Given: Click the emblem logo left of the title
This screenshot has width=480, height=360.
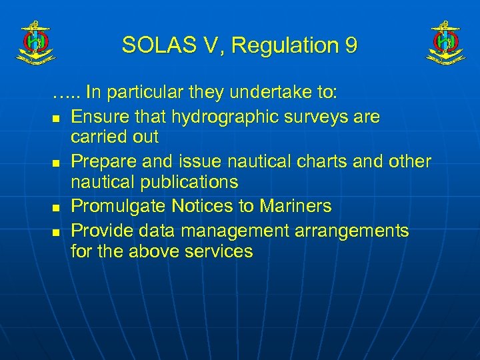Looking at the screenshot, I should (x=34, y=42).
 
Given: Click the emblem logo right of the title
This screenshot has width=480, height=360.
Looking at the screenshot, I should (x=446, y=42).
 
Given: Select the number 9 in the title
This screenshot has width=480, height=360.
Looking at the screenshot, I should (x=351, y=45).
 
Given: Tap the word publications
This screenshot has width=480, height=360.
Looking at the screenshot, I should (x=187, y=182).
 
